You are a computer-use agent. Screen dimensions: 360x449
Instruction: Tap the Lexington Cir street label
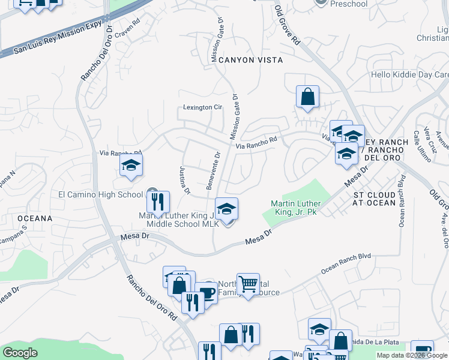(203, 107)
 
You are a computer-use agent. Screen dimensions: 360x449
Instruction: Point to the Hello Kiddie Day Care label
(409, 75)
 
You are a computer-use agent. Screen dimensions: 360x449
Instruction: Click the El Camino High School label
(100, 194)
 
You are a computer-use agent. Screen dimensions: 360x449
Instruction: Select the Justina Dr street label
(184, 181)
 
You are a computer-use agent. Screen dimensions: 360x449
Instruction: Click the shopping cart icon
(247, 283)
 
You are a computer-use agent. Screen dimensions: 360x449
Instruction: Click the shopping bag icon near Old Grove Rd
(307, 96)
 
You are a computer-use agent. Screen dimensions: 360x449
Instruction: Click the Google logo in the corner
(20, 353)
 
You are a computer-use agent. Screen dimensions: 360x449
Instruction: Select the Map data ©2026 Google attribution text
(412, 355)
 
